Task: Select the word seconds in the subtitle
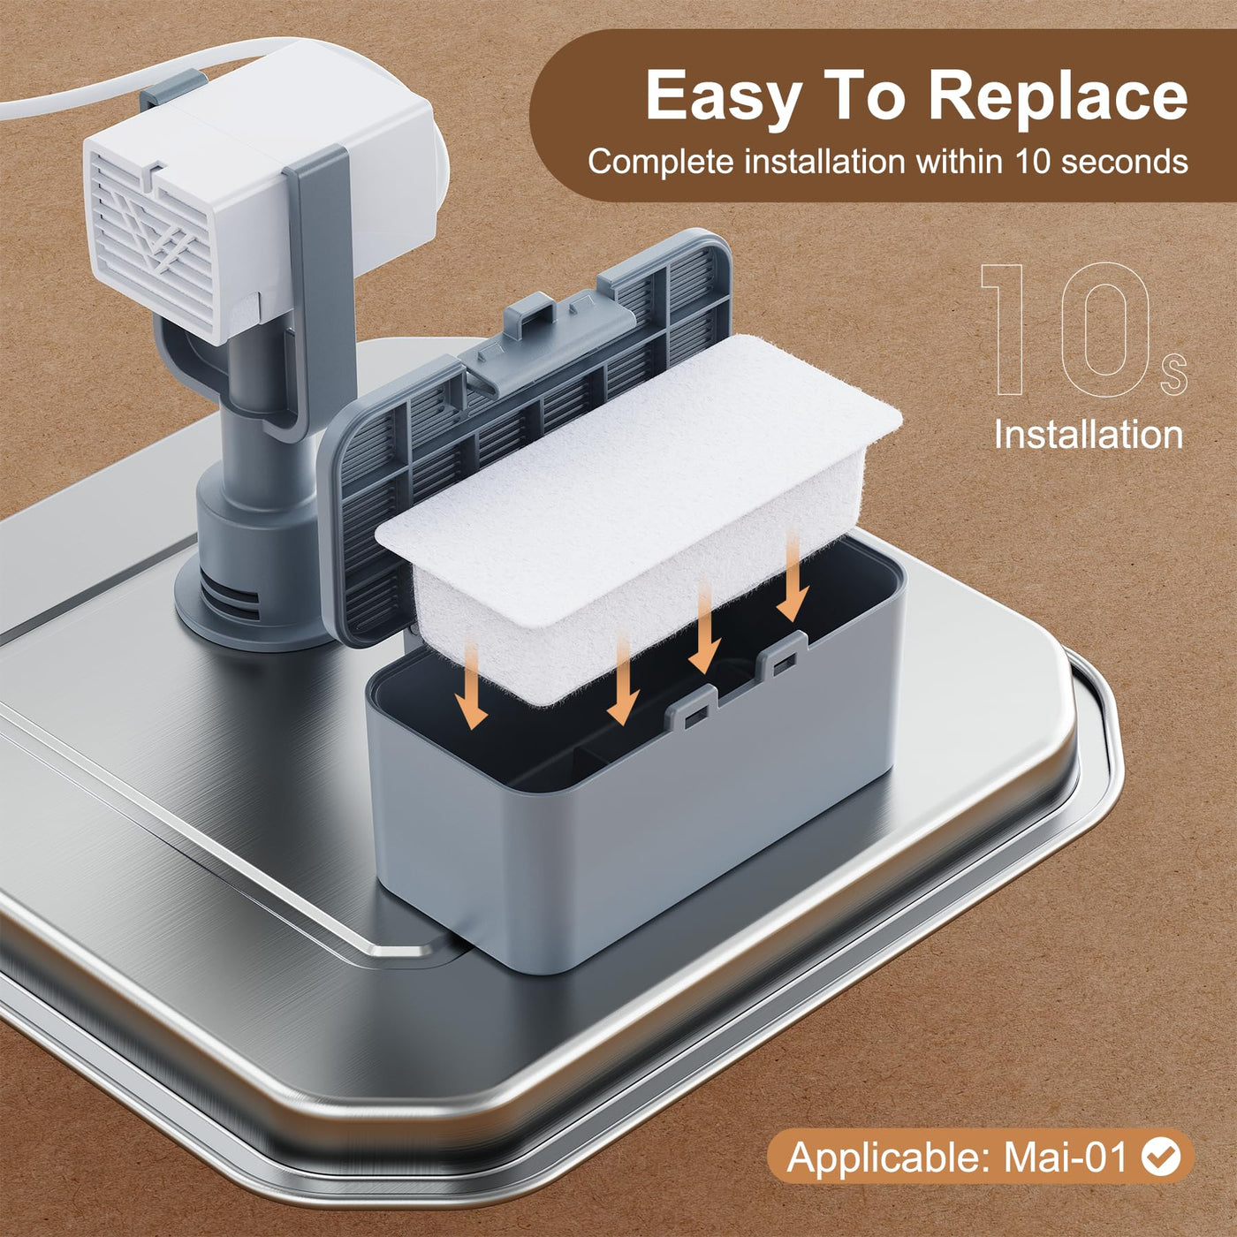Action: tap(1124, 161)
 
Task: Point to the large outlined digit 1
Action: tap(1005, 329)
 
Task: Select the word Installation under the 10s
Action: tap(1088, 435)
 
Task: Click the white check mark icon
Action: tap(1161, 1121)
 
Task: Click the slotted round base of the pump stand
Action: tap(250, 603)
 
